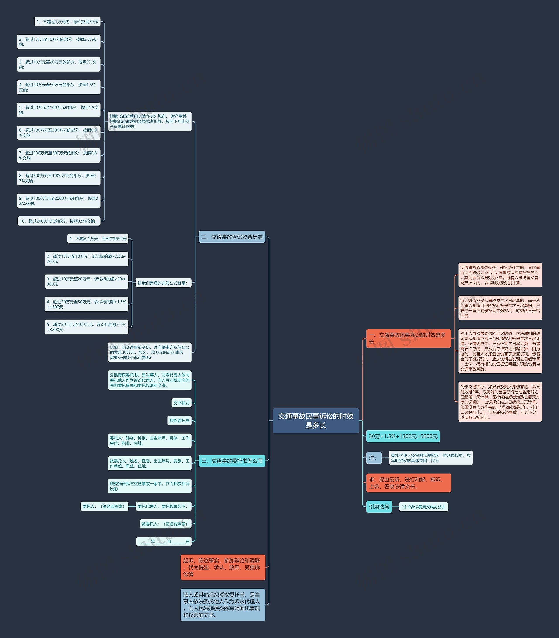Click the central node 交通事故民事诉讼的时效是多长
pos(316,420)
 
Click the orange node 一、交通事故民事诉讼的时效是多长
pos(409,338)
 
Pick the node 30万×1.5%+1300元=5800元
pos(403,436)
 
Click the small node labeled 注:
pos(374,458)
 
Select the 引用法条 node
pos(379,507)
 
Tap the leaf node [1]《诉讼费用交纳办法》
pos(424,507)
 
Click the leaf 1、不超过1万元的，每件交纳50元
pos(67,22)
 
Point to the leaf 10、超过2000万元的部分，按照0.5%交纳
pos(59,221)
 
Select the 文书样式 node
pos(181,403)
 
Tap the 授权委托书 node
pos(179,420)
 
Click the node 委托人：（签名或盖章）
pos(104,506)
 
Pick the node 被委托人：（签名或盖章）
pos(165,524)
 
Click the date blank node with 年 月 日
pos(164,541)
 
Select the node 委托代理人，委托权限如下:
pos(164,506)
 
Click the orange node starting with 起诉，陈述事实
pos(223,567)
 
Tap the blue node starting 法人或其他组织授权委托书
pos(223,605)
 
